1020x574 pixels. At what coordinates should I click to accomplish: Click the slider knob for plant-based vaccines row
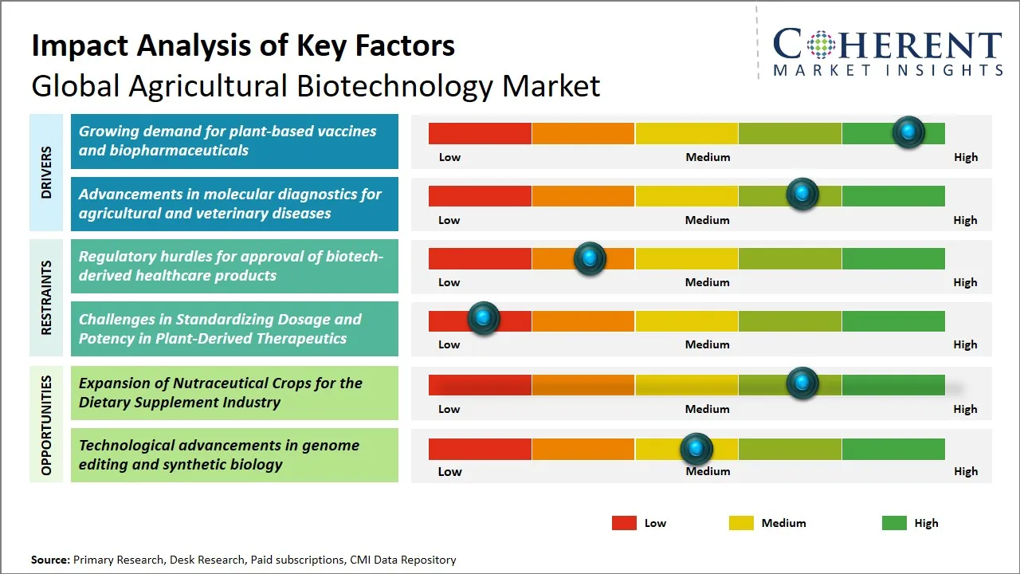(x=908, y=132)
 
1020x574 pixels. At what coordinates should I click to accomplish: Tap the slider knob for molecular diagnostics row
(x=802, y=195)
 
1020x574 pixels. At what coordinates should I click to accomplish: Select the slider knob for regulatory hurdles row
(x=590, y=258)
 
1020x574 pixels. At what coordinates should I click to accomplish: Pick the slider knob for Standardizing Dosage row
(x=483, y=318)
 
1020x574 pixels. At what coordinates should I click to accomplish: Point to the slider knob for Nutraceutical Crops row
(x=802, y=383)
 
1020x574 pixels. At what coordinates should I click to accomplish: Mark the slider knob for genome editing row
(x=696, y=450)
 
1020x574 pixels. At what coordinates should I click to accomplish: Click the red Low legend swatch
(x=624, y=523)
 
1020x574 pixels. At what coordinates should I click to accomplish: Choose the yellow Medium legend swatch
(x=741, y=523)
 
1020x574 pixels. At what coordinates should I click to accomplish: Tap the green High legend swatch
(x=894, y=523)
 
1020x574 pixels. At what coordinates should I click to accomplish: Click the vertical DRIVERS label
(x=46, y=172)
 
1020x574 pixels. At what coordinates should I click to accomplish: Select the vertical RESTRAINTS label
(x=46, y=297)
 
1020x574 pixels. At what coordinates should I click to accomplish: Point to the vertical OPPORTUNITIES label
(x=46, y=425)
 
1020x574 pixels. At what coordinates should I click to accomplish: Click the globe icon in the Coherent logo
(x=821, y=45)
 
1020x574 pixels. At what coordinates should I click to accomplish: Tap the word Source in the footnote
(x=49, y=560)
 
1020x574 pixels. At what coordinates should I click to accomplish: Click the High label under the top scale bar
(x=965, y=157)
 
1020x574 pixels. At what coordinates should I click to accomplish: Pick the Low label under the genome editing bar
(x=449, y=471)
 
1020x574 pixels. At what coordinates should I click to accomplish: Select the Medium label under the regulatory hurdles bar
(x=707, y=282)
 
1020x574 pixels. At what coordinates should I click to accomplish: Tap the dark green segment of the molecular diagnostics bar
(x=892, y=195)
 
